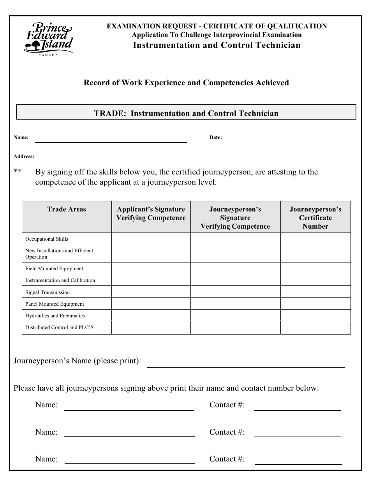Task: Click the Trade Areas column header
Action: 67,210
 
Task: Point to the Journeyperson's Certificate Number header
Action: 315,218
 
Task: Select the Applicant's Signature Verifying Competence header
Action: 151,213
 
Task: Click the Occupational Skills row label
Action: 47,239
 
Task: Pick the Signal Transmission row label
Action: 48,292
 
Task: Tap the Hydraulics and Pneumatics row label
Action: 55,315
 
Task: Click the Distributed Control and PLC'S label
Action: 59,328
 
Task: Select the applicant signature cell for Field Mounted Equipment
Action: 151,268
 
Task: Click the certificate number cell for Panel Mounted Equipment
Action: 315,304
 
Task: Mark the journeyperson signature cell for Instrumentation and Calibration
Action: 235,280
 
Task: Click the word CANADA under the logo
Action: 48,55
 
